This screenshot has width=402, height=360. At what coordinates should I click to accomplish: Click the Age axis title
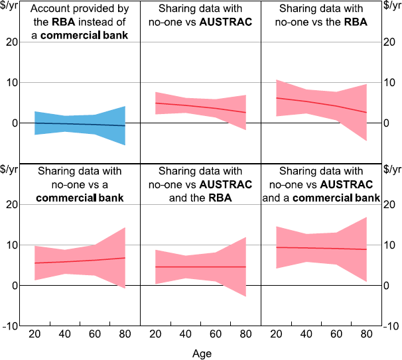(x=202, y=353)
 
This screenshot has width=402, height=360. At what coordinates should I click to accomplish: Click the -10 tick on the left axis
(x=10, y=326)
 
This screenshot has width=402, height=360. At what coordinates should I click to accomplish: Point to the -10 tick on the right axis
(x=391, y=326)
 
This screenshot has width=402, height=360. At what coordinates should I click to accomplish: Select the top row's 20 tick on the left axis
(x=11, y=42)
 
